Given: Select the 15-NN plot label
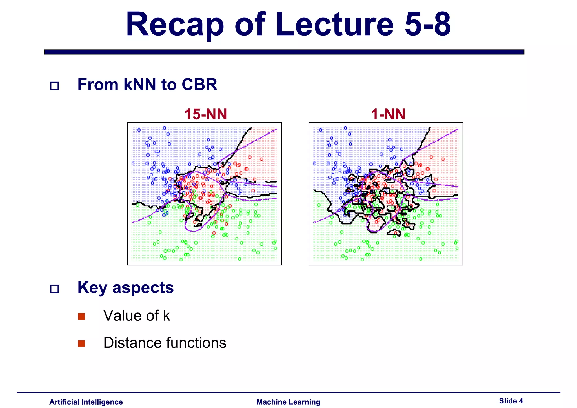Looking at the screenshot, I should click(x=205, y=114).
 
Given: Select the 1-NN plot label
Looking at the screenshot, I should click(x=388, y=114).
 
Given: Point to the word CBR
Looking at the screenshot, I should click(x=199, y=85).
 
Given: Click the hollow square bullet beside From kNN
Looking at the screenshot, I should click(x=54, y=86).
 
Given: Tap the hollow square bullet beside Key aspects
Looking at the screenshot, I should click(x=54, y=289).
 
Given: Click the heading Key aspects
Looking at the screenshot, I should click(x=125, y=288).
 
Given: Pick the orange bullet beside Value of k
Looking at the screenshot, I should click(x=81, y=316).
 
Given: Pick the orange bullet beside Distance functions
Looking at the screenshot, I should click(x=81, y=343).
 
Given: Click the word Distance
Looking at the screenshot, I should click(x=132, y=343).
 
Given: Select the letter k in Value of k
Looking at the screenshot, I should click(x=167, y=316).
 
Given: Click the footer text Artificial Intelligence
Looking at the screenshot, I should click(x=86, y=402).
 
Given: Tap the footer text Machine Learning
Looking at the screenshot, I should click(x=288, y=402).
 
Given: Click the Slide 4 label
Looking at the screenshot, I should click(x=511, y=401).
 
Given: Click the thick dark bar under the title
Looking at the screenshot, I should click(x=284, y=52).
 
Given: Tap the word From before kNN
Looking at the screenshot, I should click(x=98, y=85).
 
